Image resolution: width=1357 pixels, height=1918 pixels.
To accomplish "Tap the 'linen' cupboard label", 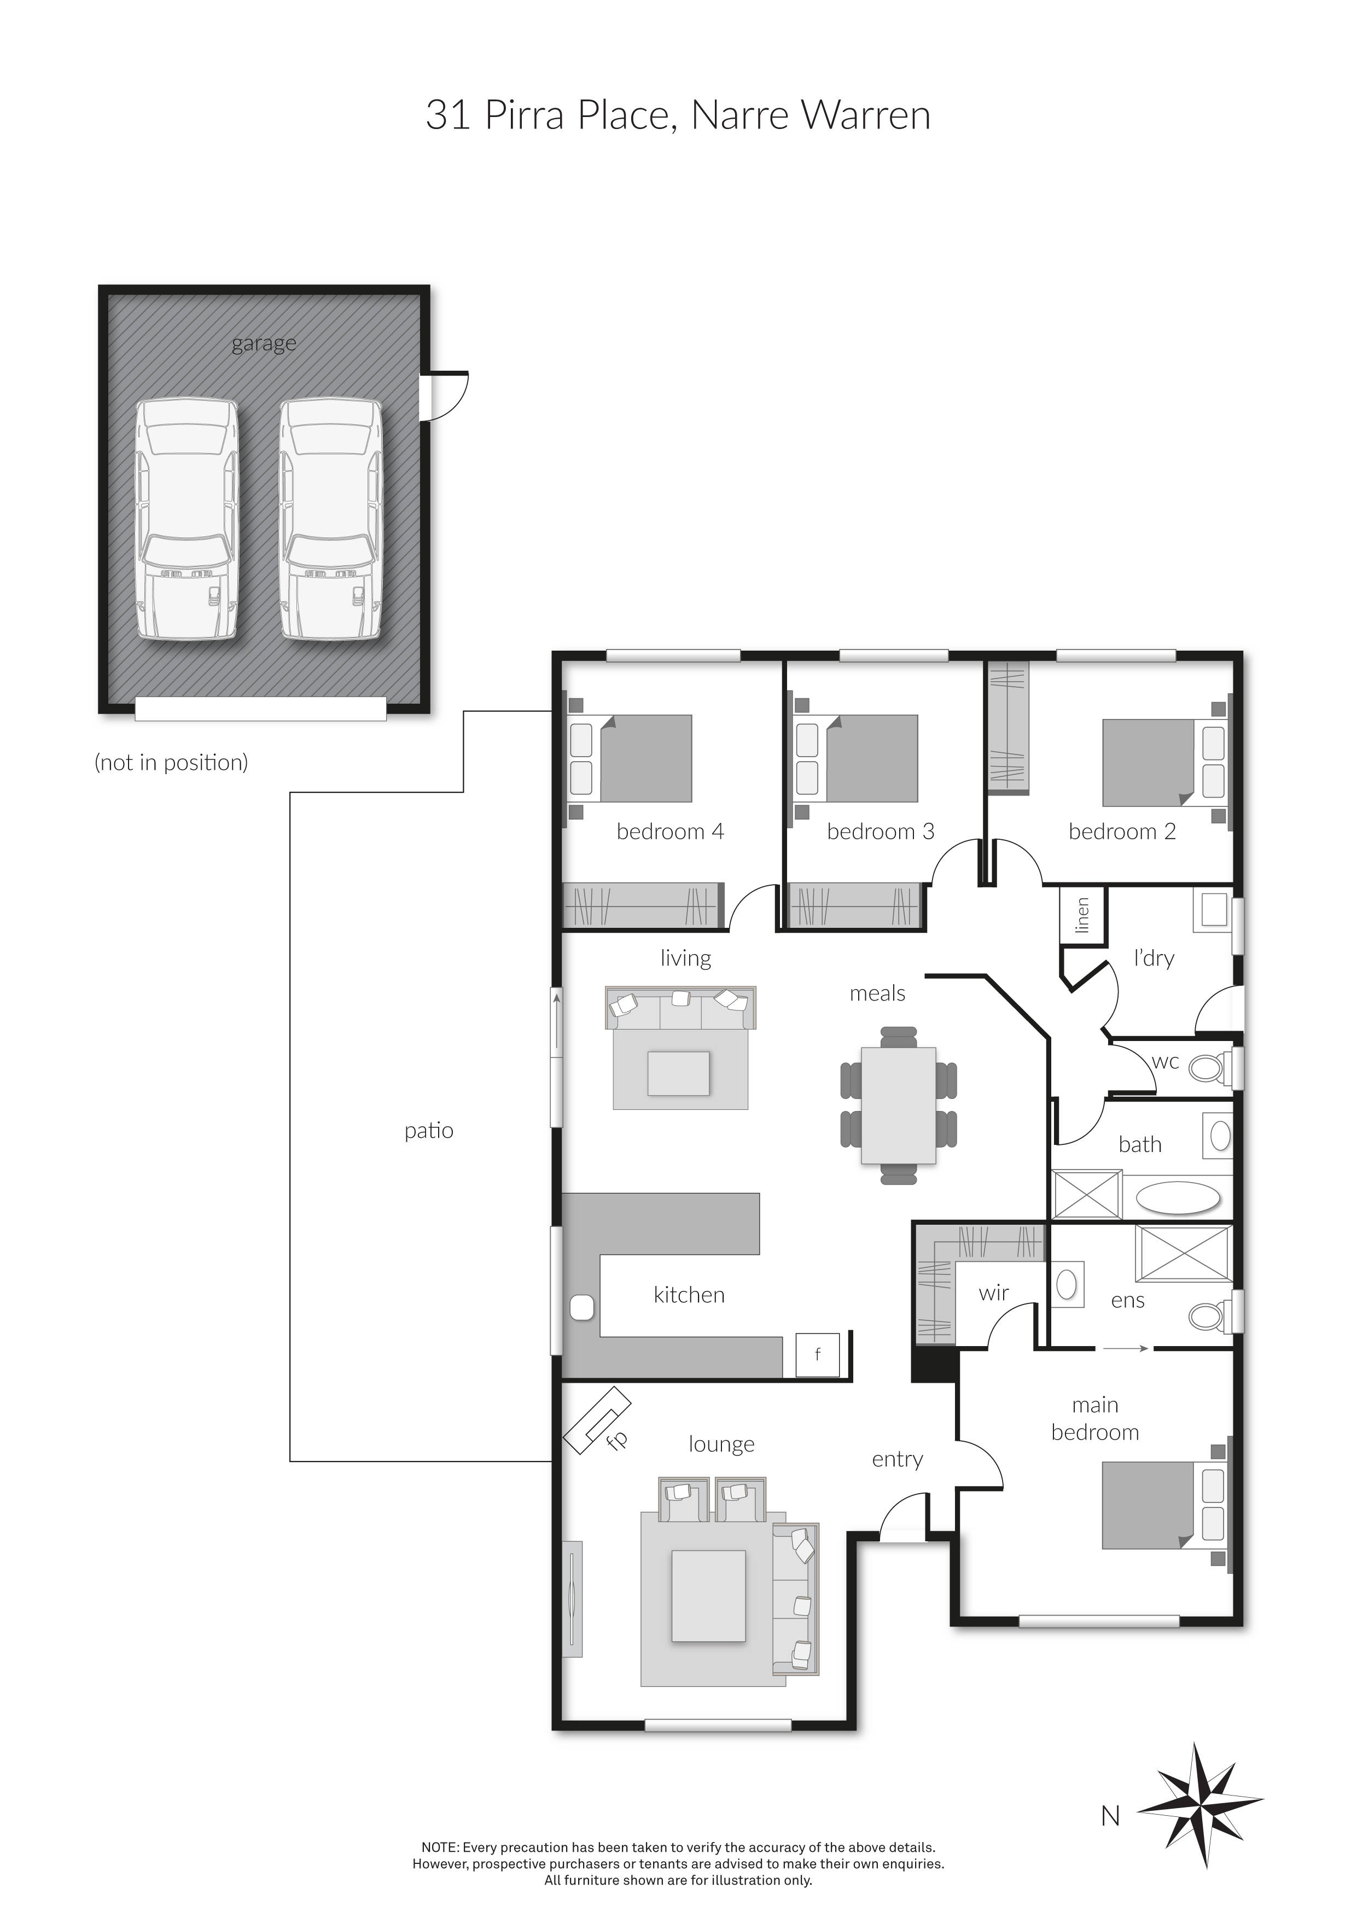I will coord(1083,916).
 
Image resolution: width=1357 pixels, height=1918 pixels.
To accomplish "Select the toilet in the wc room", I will coord(1208,1067).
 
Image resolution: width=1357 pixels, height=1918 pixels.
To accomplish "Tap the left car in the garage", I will coord(187,519).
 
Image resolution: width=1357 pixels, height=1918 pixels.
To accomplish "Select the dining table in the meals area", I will coord(898,1104).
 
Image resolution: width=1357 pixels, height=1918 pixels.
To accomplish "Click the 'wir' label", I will coord(993,1293).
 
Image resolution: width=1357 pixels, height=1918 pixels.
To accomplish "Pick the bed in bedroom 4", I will coord(632,758).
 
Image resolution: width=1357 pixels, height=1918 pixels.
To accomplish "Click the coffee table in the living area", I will coord(678,1073).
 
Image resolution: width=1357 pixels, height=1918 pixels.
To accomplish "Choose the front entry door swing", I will coord(904,1516).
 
